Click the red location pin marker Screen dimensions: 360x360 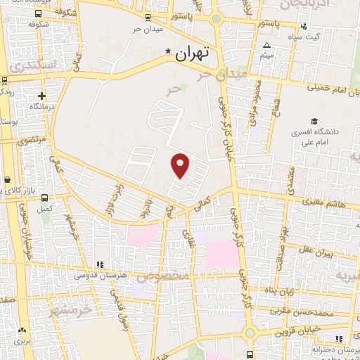[181, 165]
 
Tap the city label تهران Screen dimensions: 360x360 [195, 53]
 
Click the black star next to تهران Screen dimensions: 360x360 [168, 52]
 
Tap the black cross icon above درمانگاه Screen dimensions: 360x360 [41, 96]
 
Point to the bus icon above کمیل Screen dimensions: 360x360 [46, 198]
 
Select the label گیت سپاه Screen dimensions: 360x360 [307, 36]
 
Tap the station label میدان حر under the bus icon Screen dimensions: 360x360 [148, 30]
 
